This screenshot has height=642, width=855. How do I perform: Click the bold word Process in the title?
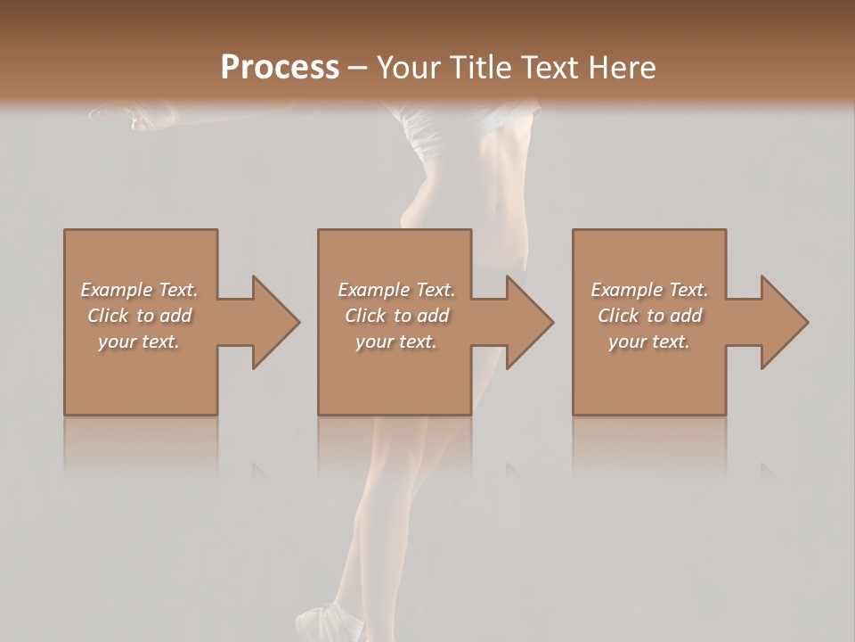280,68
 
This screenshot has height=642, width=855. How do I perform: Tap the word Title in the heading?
480,68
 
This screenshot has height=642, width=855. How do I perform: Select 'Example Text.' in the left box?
139,290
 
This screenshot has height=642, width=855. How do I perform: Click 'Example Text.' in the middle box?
396,290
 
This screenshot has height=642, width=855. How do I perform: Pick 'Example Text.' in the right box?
649,290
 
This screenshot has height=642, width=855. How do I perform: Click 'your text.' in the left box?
139,342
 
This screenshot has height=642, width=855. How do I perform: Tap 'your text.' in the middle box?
396,342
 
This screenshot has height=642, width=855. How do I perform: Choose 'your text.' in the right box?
649,342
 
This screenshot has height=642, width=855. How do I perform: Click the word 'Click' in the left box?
108,316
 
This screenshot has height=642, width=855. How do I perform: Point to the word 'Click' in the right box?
618,316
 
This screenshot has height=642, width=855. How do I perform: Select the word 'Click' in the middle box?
365,316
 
